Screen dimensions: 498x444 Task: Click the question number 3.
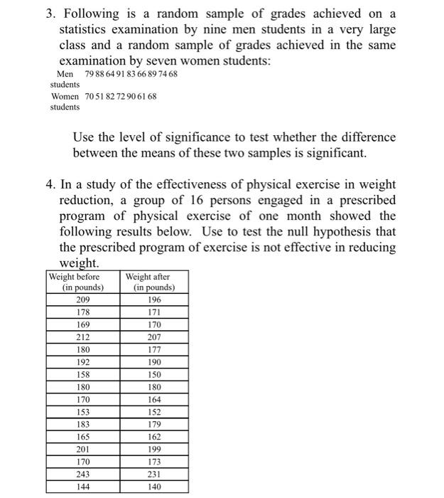50,14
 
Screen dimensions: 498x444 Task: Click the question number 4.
50,185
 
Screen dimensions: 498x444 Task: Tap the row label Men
65,74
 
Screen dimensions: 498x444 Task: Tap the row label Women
65,96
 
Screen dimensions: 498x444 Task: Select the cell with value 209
82,300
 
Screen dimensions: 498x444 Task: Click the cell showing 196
154,300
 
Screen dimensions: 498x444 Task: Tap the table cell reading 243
82,475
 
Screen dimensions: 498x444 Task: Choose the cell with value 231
154,475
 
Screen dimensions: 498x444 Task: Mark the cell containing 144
82,487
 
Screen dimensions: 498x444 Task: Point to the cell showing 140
154,487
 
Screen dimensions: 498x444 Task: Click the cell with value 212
82,337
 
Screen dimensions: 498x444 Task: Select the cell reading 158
82,374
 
